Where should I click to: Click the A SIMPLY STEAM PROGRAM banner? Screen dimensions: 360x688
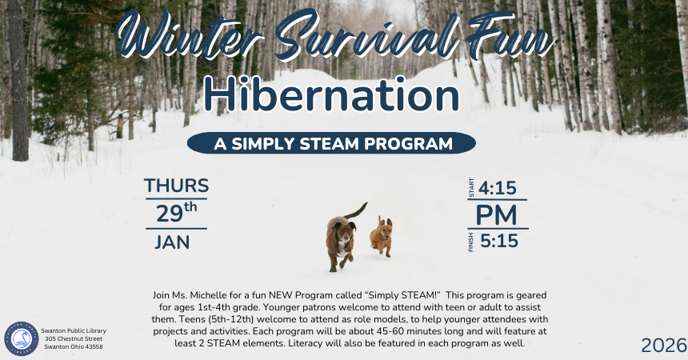point(331,144)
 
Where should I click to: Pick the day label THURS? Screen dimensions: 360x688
point(176,186)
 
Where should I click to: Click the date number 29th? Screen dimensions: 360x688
point(177,214)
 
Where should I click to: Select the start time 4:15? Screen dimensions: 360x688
point(498,188)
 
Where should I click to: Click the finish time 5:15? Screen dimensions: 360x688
point(498,240)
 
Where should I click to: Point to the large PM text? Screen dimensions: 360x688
point(496,214)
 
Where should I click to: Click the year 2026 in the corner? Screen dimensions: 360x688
point(663,346)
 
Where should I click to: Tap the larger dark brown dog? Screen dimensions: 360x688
point(340,242)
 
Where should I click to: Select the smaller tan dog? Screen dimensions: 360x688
point(381,237)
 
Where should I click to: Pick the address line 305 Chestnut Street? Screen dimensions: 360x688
point(75,338)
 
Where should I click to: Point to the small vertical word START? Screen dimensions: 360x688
point(471,189)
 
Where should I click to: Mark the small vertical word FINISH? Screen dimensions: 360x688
point(471,242)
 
